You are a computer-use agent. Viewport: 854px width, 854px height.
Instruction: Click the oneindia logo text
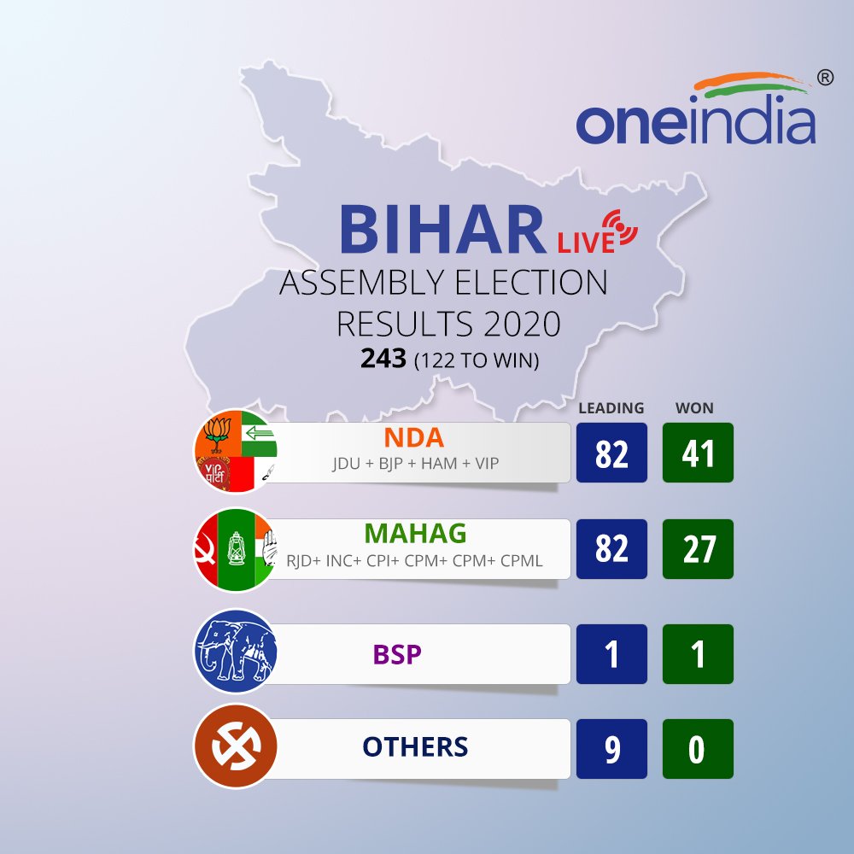(695, 122)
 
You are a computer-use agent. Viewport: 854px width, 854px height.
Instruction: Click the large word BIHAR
(442, 228)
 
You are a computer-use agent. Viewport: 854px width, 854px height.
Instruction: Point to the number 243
(383, 360)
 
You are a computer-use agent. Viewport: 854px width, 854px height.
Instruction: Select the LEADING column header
(611, 408)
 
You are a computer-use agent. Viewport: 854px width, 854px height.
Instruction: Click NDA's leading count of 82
(611, 453)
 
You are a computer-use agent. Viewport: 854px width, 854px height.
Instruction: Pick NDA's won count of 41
(698, 453)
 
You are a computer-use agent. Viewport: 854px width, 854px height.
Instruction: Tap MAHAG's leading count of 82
(611, 549)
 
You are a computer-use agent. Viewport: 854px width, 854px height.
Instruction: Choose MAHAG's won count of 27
(698, 549)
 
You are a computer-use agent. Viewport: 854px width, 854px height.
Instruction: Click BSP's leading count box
(611, 654)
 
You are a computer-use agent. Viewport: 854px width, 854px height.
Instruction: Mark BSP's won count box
(698, 654)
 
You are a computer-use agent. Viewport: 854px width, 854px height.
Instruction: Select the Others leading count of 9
(611, 749)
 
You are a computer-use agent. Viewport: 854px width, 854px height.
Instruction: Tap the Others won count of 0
(698, 749)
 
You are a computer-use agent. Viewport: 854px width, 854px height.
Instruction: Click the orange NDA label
(413, 438)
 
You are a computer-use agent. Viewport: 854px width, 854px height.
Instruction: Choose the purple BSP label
(399, 654)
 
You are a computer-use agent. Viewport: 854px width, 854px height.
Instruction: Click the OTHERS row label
(415, 747)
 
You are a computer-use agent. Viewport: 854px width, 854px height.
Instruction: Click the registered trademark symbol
(824, 77)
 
